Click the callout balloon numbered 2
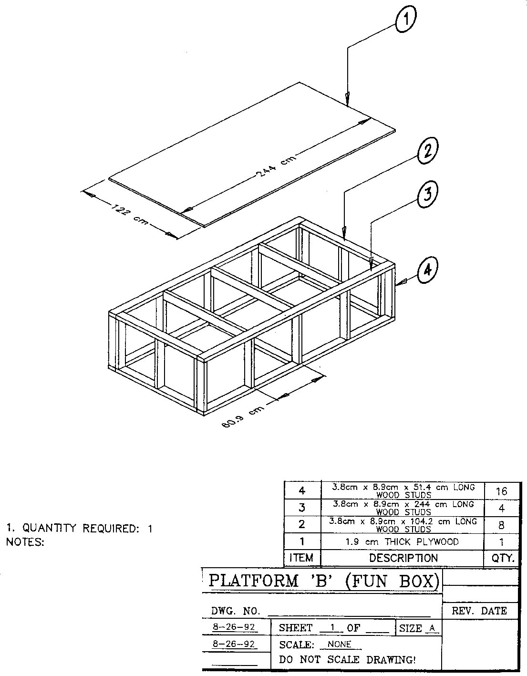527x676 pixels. coord(428,151)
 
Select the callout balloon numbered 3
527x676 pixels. coord(428,195)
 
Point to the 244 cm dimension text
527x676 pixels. coord(276,166)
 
